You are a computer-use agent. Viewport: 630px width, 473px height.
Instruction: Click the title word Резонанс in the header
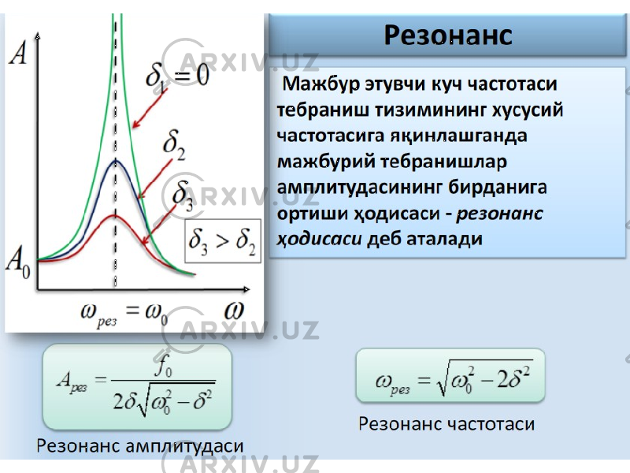[x=448, y=35]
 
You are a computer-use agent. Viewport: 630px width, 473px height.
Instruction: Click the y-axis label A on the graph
[x=18, y=54]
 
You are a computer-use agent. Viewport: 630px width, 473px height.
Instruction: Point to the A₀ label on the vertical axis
[x=18, y=263]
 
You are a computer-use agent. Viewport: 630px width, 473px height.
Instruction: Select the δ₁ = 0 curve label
[x=177, y=76]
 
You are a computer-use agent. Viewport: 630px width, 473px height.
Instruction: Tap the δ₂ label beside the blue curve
[x=174, y=146]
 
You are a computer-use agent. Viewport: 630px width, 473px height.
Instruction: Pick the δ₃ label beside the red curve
[x=183, y=196]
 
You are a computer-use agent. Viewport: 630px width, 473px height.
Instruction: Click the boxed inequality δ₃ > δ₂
[x=223, y=241]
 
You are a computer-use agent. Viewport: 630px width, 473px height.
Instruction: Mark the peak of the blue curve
[x=116, y=161]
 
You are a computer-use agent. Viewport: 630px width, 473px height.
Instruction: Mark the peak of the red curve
[x=115, y=216]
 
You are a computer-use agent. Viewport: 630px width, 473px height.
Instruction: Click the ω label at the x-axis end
[x=234, y=311]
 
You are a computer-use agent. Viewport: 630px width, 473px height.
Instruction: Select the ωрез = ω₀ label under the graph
[x=124, y=315]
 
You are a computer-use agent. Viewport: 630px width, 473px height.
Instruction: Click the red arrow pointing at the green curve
[x=150, y=108]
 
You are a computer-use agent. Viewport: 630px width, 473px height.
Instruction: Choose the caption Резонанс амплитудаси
[x=140, y=445]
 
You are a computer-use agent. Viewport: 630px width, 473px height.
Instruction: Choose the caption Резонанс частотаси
[x=447, y=423]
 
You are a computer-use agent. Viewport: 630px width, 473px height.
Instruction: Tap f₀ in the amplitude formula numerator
[x=164, y=366]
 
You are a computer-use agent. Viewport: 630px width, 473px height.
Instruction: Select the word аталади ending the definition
[x=444, y=239]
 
